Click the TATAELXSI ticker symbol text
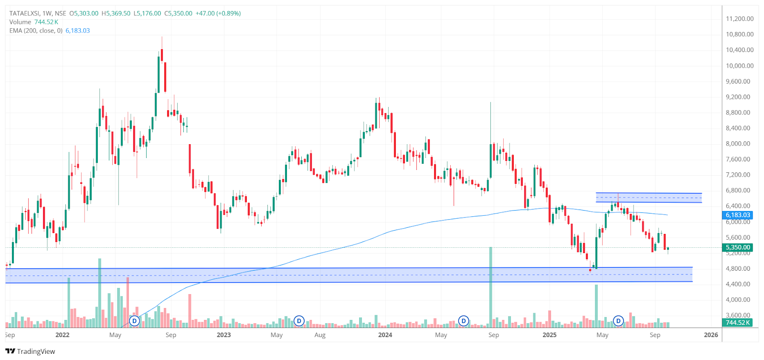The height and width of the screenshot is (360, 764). [x=24, y=13]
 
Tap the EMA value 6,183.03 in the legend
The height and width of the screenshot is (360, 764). [x=77, y=31]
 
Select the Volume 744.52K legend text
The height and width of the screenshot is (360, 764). [x=33, y=22]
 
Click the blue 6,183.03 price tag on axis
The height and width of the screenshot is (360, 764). [x=738, y=215]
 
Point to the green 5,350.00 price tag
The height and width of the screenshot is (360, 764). [x=738, y=247]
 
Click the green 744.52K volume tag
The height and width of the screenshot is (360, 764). [x=738, y=323]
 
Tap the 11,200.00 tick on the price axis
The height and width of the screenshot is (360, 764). [x=740, y=19]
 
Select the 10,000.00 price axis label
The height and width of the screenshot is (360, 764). [x=740, y=66]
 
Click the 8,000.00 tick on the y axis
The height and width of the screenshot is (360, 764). [x=740, y=144]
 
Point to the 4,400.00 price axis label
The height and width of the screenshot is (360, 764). [x=740, y=284]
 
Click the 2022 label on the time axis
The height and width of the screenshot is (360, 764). [x=63, y=335]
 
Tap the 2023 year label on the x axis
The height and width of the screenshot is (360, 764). [x=223, y=335]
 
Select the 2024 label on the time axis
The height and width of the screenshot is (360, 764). [x=385, y=335]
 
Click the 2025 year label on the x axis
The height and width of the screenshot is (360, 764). [x=550, y=335]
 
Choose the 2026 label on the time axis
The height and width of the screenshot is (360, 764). [x=711, y=335]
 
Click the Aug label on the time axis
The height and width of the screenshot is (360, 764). [x=320, y=335]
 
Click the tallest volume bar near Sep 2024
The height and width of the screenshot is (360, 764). [x=490, y=286]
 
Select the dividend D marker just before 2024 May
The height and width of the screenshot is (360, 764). [x=463, y=321]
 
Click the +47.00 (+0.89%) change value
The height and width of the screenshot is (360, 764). [x=218, y=13]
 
